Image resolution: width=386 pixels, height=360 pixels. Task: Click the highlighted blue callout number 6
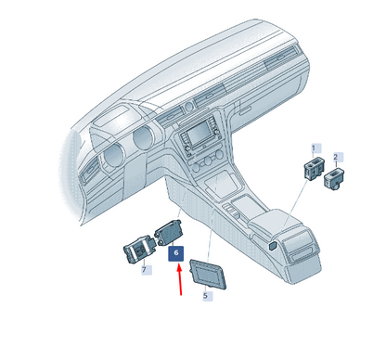[176, 253]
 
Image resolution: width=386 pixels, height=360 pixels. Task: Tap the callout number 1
[314, 148]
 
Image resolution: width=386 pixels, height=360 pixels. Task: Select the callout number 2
[336, 157]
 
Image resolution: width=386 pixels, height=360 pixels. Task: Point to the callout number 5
[205, 296]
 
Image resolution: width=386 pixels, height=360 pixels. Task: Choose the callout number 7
[144, 270]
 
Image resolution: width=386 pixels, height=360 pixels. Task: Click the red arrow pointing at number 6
[180, 279]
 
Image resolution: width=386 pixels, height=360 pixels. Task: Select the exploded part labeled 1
[314, 169]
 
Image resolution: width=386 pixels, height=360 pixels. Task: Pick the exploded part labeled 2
[334, 179]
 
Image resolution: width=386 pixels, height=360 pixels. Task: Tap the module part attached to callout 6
[168, 233]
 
